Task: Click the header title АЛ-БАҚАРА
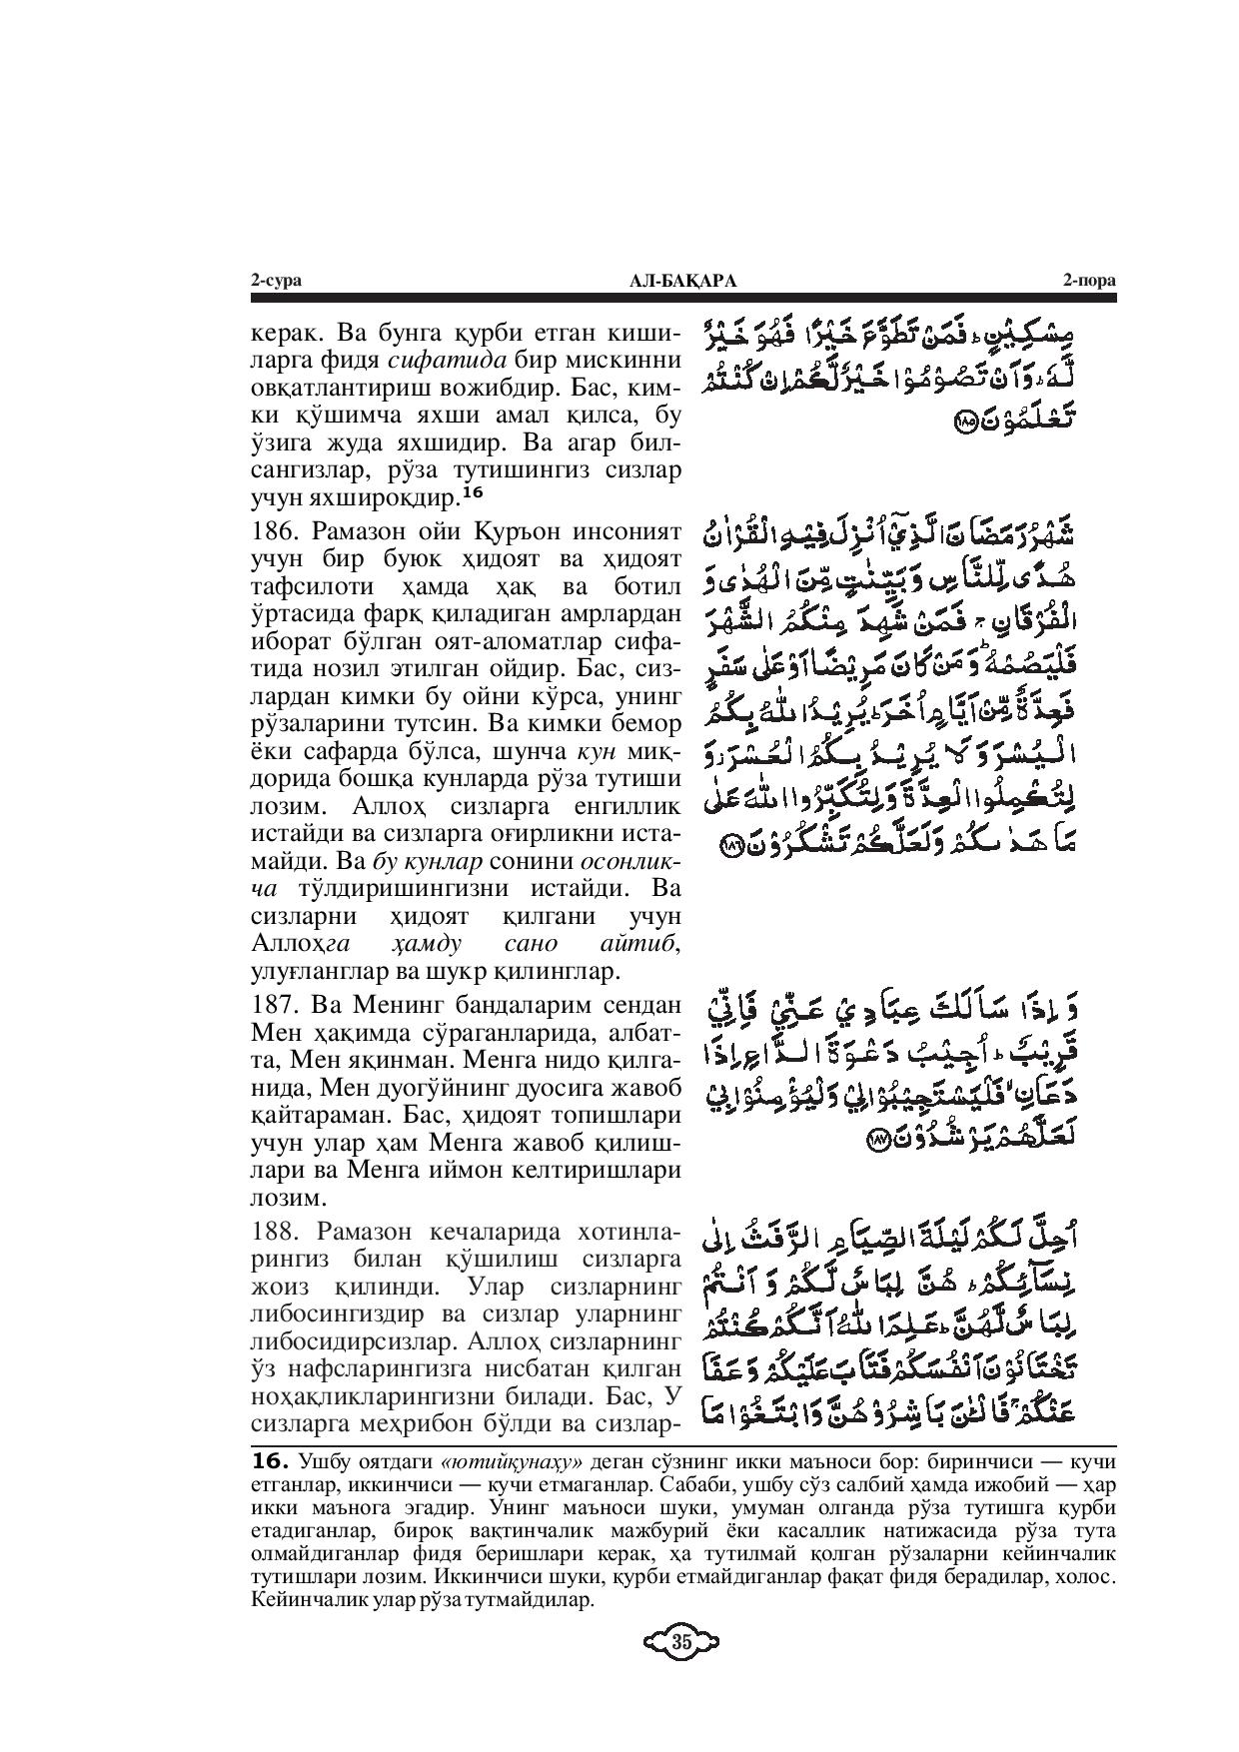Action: (682, 282)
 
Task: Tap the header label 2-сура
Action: (276, 282)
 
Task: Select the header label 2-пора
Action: (1089, 282)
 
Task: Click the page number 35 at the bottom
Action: (681, 1642)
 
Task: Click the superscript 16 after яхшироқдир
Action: (472, 491)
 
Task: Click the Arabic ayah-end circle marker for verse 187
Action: (879, 1140)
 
